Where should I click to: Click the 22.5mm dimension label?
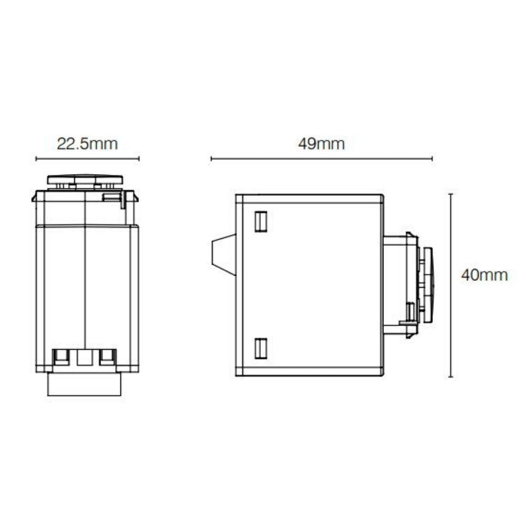coord(87,144)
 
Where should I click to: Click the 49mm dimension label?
coord(321,144)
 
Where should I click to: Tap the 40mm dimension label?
coord(484,275)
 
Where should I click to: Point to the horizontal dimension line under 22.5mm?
coord(87,158)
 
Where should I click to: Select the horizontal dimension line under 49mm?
coord(321,158)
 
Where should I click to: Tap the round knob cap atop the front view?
coord(86,179)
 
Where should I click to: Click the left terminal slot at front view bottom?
coord(62,357)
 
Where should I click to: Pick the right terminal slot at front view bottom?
coord(108,357)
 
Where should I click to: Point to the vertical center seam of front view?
coord(85,284)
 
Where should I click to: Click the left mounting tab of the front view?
coord(34,198)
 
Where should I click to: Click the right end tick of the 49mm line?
coord(432,158)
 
